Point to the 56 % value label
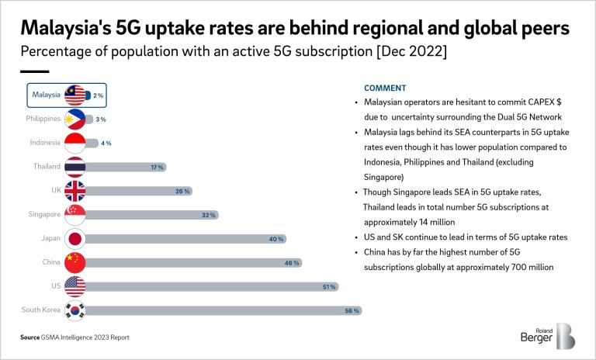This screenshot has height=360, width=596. coord(352,311)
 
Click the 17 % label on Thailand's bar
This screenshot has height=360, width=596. coord(156,167)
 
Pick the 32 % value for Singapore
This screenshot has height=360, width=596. coord(209,215)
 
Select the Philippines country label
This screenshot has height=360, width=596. coord(40,119)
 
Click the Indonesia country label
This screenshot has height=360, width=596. coord(43,143)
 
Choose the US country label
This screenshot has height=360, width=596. coord(55,286)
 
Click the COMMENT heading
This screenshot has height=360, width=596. coord(386,88)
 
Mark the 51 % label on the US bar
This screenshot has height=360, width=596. coord(328,287)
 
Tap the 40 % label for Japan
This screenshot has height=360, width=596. coord(275,239)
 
